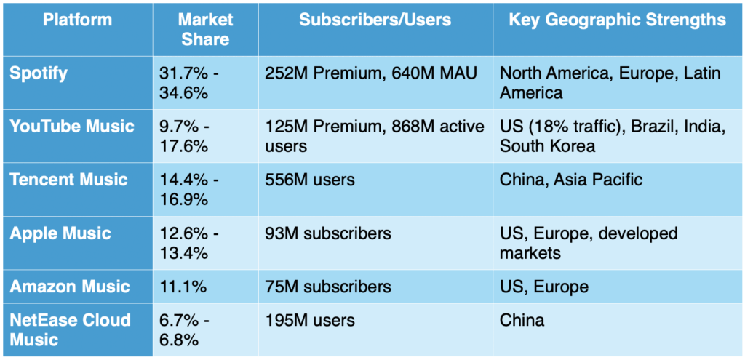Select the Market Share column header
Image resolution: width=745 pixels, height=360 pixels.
click(204, 29)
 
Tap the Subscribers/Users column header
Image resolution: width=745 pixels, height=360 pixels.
click(375, 20)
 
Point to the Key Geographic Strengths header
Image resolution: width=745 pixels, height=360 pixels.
click(617, 20)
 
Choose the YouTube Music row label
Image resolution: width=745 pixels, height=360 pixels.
click(72, 127)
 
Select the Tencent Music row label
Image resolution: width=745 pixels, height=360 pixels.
click(68, 180)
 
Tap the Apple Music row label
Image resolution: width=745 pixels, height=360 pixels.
click(60, 233)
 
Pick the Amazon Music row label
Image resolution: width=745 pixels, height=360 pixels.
click(70, 287)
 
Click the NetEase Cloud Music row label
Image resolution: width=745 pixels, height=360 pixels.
click(70, 329)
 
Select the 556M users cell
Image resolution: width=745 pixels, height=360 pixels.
click(311, 180)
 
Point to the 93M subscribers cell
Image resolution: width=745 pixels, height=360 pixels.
click(328, 233)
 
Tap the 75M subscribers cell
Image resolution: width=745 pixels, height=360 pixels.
click(328, 287)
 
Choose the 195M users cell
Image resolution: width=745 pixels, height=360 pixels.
click(311, 320)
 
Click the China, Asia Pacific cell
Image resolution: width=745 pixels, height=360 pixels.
click(571, 180)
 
